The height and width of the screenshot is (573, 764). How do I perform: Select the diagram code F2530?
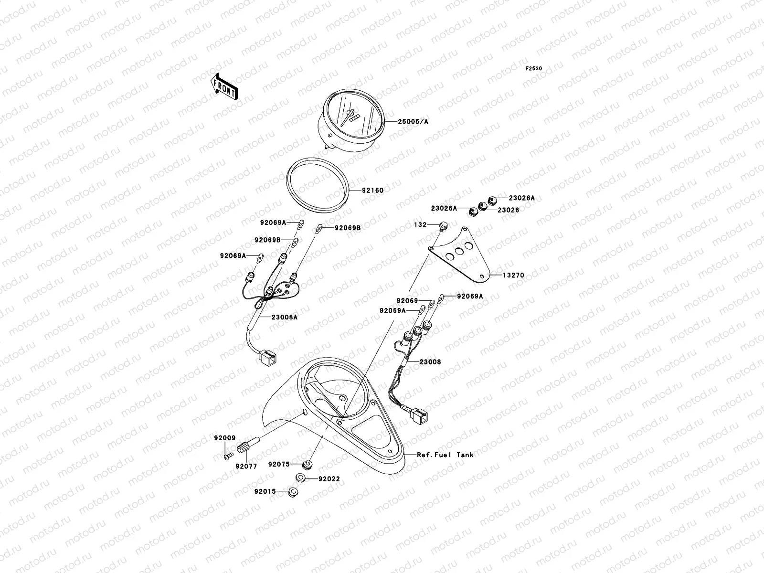coord(534,69)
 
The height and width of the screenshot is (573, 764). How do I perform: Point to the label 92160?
coord(372,191)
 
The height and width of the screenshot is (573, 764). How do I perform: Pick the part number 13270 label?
coord(513,276)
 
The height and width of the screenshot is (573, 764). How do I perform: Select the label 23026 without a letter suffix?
coord(509,210)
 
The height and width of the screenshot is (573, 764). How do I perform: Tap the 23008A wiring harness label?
coord(285,317)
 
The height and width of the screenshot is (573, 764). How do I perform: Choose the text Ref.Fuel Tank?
coord(445,455)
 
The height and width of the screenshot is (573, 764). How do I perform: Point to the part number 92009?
coord(224,437)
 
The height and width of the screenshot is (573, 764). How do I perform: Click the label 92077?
coord(246,466)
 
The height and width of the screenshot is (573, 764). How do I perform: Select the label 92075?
coord(278,464)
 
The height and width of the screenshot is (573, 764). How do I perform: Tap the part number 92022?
coord(329,478)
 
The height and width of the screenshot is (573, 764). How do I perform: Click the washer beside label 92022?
coord(301,477)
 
